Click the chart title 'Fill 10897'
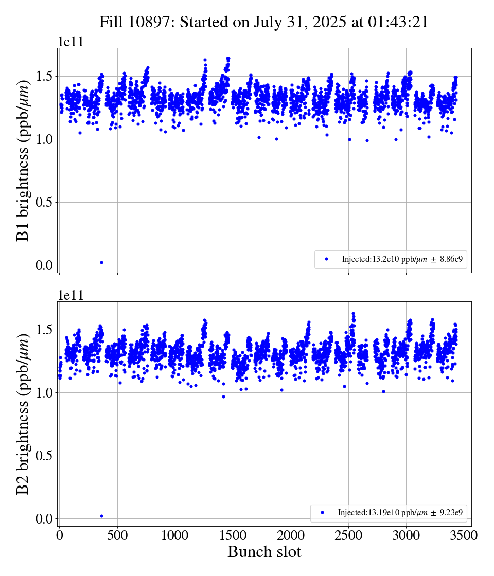(x=264, y=22)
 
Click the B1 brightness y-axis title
(x=23, y=161)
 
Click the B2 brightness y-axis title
(x=23, y=414)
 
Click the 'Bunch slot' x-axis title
(x=264, y=552)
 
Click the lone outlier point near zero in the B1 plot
(x=101, y=262)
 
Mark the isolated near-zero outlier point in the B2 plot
(x=101, y=516)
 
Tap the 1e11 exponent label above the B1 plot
(x=70, y=42)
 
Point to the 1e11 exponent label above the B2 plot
(x=70, y=295)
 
